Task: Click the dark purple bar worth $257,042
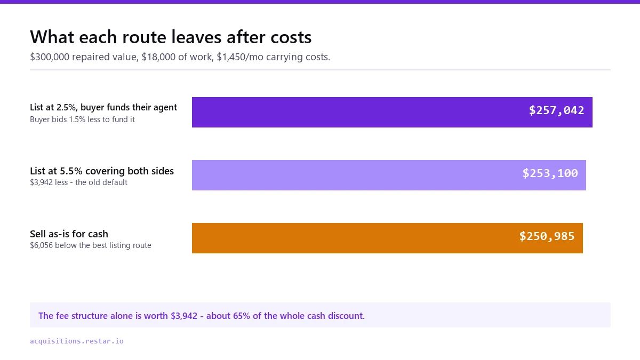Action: point(392,113)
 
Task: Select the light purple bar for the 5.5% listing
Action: point(389,175)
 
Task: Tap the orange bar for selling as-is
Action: point(387,238)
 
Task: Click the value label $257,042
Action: point(556,110)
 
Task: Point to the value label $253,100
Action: point(550,173)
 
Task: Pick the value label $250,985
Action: point(547,236)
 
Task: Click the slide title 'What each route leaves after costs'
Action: point(171,37)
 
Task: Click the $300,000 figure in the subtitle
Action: point(50,57)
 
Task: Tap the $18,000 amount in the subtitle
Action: point(158,57)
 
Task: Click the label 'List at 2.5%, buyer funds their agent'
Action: point(103,107)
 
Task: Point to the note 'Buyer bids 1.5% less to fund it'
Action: point(82,119)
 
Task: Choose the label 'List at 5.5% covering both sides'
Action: point(102,171)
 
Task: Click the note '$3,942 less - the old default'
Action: point(78,182)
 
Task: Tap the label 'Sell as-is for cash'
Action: point(69,234)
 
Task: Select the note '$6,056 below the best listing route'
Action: point(91,245)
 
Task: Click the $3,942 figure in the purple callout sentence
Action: point(184,316)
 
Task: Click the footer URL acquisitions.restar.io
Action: point(77,341)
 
